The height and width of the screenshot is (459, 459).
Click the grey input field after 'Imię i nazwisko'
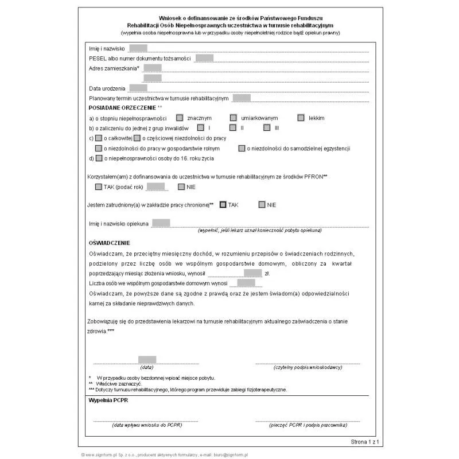pyautogui.click(x=138, y=48)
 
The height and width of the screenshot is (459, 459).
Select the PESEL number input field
pyautogui.click(x=204, y=58)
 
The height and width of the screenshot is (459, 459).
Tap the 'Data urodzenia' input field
pyautogui.click(x=138, y=88)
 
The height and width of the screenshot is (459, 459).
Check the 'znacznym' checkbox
pyautogui.click(x=180, y=118)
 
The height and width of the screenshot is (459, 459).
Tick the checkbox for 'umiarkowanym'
pyautogui.click(x=232, y=118)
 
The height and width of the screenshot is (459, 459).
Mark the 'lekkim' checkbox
pyautogui.click(x=301, y=118)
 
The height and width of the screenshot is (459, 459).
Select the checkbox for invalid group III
pyautogui.click(x=267, y=127)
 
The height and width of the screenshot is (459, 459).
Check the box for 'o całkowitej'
pyautogui.click(x=99, y=138)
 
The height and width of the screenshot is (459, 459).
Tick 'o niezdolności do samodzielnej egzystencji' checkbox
pyautogui.click(x=242, y=148)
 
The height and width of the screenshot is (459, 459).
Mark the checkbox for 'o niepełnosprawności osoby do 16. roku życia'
pyautogui.click(x=99, y=158)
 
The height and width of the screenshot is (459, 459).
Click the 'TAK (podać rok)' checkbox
pyautogui.click(x=99, y=186)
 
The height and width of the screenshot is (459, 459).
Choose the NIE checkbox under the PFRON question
pyautogui.click(x=181, y=186)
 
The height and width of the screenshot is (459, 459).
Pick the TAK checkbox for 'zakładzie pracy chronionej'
pyautogui.click(x=223, y=204)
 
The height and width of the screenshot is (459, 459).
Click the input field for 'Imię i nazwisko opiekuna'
pyautogui.click(x=161, y=223)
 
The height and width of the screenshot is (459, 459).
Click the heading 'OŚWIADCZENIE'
pyautogui.click(x=109, y=243)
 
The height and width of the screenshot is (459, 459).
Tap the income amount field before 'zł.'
pyautogui.click(x=252, y=273)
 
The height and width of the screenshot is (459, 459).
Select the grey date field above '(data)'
pyautogui.click(x=147, y=360)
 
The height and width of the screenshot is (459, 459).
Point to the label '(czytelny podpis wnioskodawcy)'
pyautogui.click(x=308, y=367)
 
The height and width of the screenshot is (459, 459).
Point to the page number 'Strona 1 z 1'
pyautogui.click(x=365, y=442)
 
